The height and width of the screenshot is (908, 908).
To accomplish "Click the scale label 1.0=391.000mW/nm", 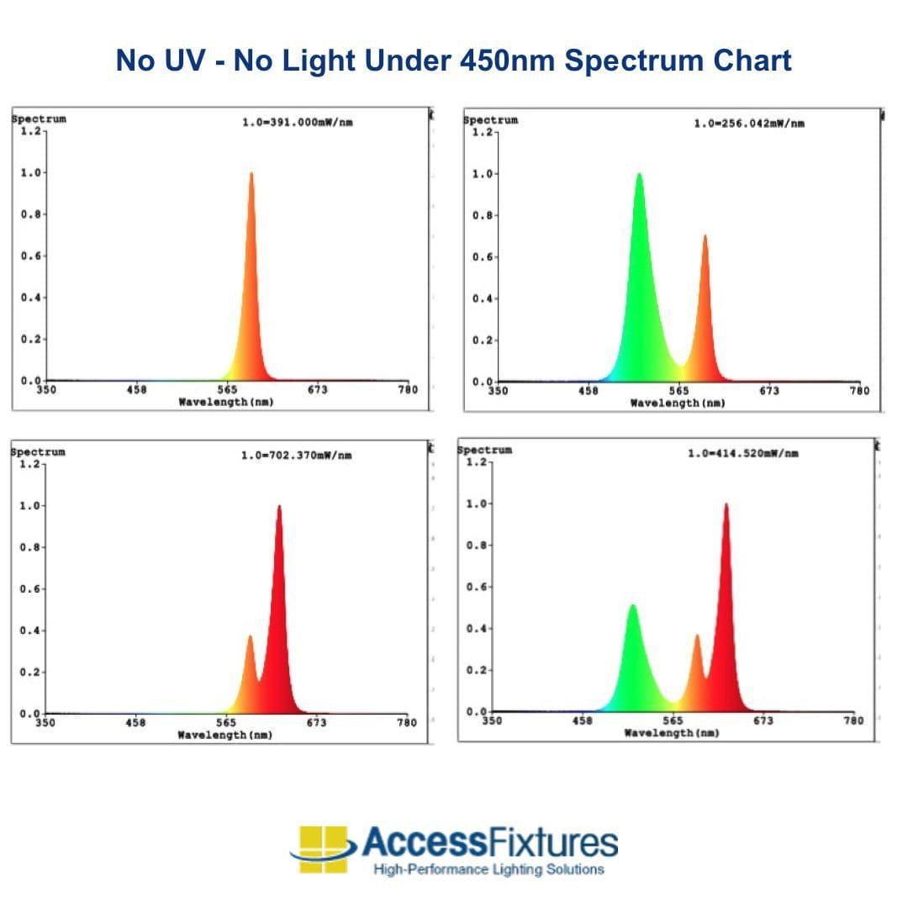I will [x=297, y=123].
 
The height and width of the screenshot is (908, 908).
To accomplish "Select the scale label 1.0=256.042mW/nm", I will [x=748, y=124].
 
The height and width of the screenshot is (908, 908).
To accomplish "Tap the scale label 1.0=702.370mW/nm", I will [x=296, y=456].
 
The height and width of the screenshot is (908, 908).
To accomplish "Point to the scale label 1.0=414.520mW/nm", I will [x=742, y=454].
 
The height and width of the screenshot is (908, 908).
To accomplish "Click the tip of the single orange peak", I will [x=251, y=175].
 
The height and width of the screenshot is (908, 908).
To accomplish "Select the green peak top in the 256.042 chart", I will [x=639, y=176].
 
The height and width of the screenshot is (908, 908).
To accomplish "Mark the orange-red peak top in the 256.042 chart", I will [x=705, y=237].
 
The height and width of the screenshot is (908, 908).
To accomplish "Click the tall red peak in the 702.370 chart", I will [x=279, y=508].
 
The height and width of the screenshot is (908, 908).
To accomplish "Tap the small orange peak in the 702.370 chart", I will [x=249, y=638].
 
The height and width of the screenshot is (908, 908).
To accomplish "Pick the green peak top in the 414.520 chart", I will [x=632, y=607].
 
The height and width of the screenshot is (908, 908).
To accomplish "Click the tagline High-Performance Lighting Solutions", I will [x=488, y=869].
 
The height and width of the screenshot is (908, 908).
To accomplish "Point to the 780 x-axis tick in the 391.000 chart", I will [x=407, y=390].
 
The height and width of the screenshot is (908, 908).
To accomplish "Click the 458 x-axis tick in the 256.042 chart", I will [x=588, y=391].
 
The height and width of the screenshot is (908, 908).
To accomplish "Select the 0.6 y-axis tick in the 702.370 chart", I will [x=29, y=589].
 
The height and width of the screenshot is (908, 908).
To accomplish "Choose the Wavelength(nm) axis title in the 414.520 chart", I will [x=671, y=733].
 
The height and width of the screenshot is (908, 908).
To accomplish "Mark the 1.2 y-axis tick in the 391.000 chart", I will [x=30, y=130].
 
